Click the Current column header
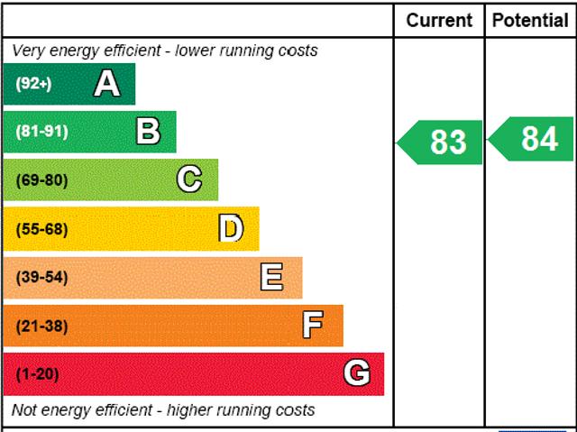439,20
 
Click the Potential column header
531,20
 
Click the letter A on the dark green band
106,84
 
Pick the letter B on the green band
148,132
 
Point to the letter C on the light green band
189,179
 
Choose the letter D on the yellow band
231,228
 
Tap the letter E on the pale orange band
271,277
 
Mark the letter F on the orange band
313,325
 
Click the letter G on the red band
357,372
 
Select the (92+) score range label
33,84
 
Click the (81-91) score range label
41,132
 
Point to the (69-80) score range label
41,179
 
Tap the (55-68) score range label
41,228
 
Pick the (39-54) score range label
41,277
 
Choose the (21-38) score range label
41,326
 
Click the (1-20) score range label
37,373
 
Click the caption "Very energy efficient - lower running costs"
165,51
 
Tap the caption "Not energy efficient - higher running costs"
163,410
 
